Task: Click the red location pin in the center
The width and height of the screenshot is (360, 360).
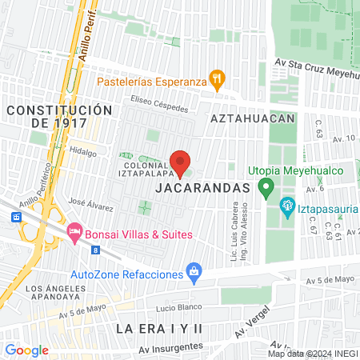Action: click(181, 162)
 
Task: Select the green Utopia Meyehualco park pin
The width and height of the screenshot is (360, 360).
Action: click(267, 188)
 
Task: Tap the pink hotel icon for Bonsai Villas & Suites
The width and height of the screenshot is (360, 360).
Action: click(74, 230)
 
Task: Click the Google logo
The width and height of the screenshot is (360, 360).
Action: click(26, 350)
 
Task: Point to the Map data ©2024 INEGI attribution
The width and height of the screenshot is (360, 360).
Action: click(311, 354)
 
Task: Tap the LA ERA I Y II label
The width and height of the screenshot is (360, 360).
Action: click(160, 329)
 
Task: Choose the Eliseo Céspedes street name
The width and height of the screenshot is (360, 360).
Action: click(160, 108)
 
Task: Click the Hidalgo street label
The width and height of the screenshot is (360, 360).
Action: click(82, 151)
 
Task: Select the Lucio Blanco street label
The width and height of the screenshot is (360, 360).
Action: click(154, 307)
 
